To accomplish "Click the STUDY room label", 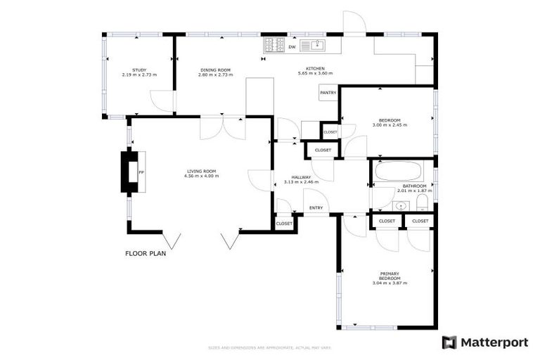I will coord(139,70).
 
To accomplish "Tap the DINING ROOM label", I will coord(215,70).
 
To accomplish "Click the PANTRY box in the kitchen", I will coord(328,93).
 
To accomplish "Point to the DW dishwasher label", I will coord(292,47).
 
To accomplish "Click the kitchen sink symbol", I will coord(316,46).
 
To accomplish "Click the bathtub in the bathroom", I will coord(397,172).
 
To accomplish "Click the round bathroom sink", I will coord(401,206).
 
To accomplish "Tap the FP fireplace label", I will coord(141,172).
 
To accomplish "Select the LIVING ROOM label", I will coord(201,171).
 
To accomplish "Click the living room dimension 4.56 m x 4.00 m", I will coord(201,176).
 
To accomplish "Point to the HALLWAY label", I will coord(301,177).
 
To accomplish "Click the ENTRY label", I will coord(316,207).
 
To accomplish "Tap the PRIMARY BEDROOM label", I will coord(390,276).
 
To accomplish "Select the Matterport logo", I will coord(484,342).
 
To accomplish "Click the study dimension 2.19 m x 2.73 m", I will coord(139,74).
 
